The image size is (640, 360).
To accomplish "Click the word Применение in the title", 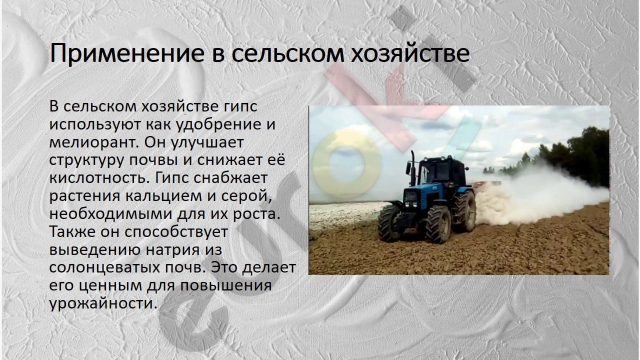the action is click(127, 53).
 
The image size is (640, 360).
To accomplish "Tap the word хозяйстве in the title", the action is click(410, 53).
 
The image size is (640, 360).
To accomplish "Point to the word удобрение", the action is click(218, 125).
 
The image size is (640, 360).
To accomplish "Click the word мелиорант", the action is click(94, 142).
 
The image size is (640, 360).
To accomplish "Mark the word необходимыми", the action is click(111, 214).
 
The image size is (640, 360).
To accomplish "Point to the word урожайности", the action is click(103, 303).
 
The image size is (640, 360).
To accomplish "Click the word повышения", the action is click(225, 286).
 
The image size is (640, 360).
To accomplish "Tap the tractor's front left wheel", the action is click(438, 223).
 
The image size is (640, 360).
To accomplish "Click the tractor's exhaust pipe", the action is click(412, 168).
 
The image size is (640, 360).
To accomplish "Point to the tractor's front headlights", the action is click(410, 204).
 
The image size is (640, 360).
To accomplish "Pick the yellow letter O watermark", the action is click(346, 164).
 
